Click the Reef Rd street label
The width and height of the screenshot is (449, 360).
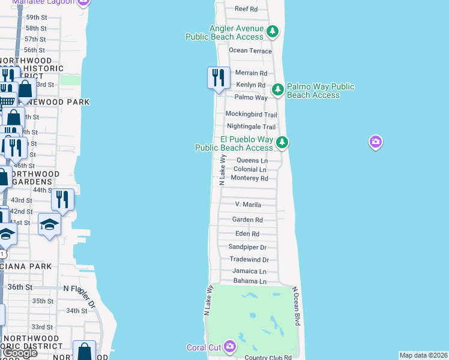[x=246, y=9]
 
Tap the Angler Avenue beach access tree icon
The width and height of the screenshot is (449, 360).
[x=273, y=30]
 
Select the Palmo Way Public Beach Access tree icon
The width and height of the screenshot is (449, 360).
[x=278, y=89]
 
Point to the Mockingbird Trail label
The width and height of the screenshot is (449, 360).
[x=251, y=114]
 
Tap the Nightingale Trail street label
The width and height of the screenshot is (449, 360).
[x=251, y=127]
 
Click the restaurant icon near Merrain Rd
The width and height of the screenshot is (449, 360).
[x=218, y=77]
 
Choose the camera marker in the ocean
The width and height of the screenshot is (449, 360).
[x=376, y=142]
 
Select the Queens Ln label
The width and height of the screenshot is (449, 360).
[x=252, y=160]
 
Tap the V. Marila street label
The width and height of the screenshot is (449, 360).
[x=248, y=205]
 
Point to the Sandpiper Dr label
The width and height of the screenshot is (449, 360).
[x=247, y=247]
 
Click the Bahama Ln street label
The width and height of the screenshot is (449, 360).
[x=250, y=281]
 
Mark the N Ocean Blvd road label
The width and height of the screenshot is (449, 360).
[x=296, y=306]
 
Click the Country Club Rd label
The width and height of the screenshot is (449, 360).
[x=268, y=358]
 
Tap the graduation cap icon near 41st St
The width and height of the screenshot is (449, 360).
[x=49, y=224]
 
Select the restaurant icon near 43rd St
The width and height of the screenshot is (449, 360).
[x=62, y=199]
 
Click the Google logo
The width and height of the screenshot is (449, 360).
[x=19, y=353]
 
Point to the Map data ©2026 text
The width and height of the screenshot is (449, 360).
[x=423, y=355]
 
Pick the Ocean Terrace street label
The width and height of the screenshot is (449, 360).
[x=250, y=51]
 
